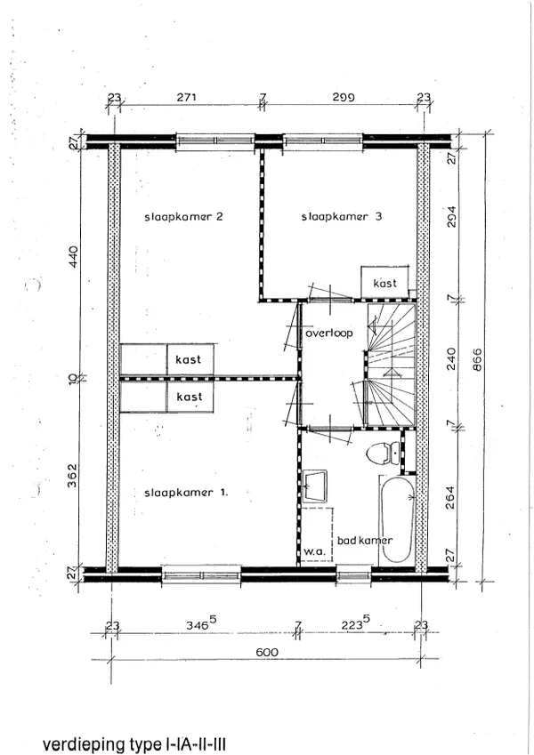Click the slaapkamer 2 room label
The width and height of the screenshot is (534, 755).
point(183,217)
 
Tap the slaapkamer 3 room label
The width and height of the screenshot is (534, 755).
point(342,217)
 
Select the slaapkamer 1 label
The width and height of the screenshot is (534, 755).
point(186,493)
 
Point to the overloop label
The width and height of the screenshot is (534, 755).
point(329,333)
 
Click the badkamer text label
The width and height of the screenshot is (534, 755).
point(365,541)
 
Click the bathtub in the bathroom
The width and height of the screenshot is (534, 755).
point(397,520)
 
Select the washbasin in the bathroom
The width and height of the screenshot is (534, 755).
point(315,486)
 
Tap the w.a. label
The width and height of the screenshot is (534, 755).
point(314,552)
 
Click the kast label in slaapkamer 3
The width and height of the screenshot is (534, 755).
point(385,283)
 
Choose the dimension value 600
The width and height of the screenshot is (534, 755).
point(267,653)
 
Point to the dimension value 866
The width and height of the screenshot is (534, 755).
point(477,359)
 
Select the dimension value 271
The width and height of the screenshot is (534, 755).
point(187,97)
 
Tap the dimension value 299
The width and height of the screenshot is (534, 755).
point(344,97)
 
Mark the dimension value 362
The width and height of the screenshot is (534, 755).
point(73,476)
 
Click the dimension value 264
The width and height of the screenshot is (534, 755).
point(450,498)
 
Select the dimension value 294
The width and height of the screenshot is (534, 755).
point(450,218)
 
